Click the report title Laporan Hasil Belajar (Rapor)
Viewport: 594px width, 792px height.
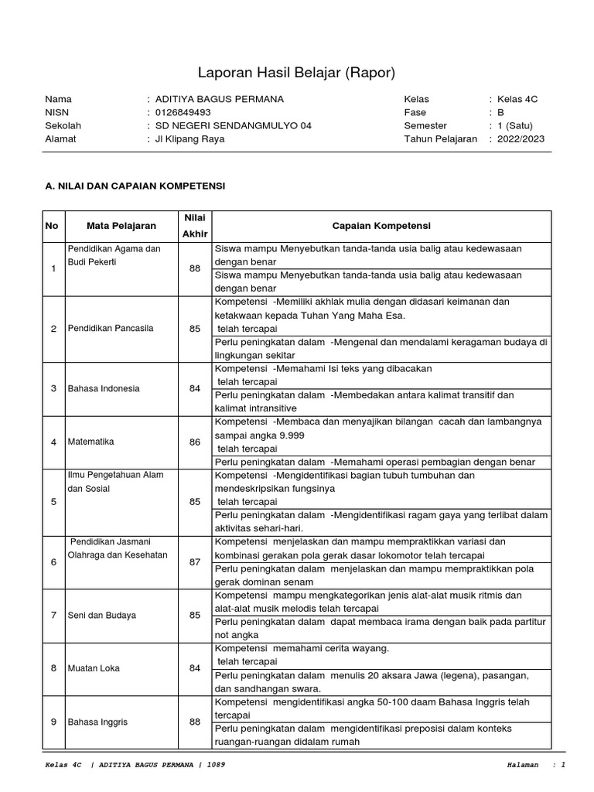[x=296, y=73]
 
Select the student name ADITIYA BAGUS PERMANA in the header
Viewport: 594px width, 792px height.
[x=220, y=99]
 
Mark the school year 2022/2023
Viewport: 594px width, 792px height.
[x=521, y=139]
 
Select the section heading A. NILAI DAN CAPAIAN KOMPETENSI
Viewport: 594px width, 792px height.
[x=135, y=186]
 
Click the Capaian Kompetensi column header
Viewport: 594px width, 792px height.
[x=381, y=226]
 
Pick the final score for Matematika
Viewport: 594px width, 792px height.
[x=195, y=442]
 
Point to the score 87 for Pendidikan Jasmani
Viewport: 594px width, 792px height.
[x=195, y=562]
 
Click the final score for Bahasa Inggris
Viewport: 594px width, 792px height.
[x=195, y=722]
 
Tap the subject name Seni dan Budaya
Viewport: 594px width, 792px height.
[x=102, y=615]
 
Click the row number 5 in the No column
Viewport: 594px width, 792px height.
[x=54, y=501]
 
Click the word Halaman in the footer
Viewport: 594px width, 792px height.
[x=523, y=765]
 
